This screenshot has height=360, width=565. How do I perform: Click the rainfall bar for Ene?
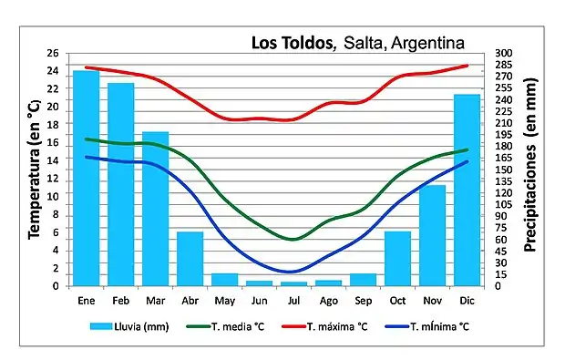click(86, 178)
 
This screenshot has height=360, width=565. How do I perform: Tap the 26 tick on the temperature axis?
click(52, 53)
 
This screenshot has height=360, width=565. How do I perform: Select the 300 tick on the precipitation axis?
click(504, 53)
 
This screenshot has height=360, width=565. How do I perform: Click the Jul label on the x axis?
click(293, 301)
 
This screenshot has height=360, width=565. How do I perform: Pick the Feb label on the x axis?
click(120, 301)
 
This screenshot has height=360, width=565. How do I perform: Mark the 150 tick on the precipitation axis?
click(504, 170)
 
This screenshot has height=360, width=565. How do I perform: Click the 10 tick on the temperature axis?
click(52, 196)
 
